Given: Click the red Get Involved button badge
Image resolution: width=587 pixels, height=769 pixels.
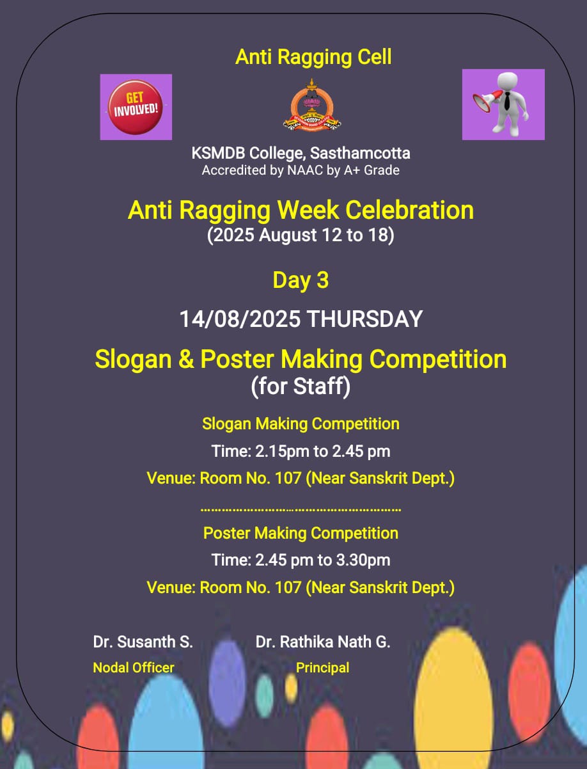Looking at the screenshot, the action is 135,107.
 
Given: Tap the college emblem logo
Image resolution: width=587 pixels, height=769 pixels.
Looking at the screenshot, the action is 312,106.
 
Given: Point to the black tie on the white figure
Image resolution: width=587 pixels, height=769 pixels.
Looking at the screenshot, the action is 507,100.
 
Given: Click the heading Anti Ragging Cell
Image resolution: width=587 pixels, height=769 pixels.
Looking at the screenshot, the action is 313,57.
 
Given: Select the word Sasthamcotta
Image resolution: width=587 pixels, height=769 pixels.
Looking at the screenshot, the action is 360,153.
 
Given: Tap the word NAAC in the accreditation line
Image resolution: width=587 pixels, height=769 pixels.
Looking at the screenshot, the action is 305,170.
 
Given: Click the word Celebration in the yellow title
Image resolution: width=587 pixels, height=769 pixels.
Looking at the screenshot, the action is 409,210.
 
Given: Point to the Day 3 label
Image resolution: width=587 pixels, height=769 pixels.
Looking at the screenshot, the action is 301,280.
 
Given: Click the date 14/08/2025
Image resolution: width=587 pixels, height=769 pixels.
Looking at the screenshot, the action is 240,319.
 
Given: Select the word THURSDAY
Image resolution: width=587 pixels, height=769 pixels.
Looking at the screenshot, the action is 364,319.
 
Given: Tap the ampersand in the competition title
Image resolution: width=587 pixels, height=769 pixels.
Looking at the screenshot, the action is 186,359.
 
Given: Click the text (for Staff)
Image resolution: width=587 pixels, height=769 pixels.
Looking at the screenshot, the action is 301,386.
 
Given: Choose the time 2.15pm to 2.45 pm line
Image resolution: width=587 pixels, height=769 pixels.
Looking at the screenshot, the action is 301,451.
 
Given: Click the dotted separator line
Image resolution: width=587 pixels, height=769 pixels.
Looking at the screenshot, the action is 301,510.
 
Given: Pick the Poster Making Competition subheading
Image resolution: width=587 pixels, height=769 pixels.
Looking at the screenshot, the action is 301,533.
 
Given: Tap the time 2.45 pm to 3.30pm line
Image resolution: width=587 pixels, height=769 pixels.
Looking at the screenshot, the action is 301,560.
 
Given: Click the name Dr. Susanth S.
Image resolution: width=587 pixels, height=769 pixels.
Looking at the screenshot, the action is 143,642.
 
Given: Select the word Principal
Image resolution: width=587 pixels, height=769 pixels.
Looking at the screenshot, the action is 322,668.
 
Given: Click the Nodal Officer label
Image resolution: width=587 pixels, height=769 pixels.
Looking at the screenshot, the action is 134,668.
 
